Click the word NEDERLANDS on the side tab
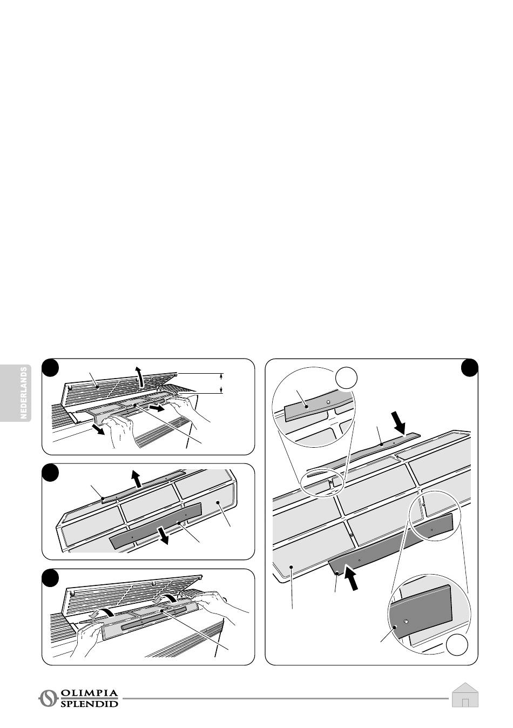click(x=24, y=393)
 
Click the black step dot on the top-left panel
click(x=50, y=367)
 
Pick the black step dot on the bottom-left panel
click(x=50, y=577)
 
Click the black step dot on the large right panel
click(x=469, y=368)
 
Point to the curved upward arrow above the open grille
click(x=140, y=377)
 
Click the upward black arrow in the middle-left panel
click(x=137, y=478)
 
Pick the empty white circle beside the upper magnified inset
click(x=347, y=378)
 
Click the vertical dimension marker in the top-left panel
click(x=221, y=383)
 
